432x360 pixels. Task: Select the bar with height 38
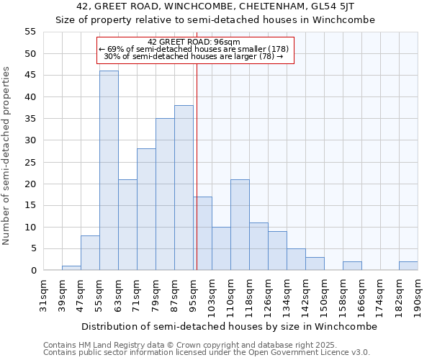pyautogui.click(x=184, y=188)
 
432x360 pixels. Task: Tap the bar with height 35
pyautogui.click(x=165, y=194)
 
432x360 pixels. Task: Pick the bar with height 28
pyautogui.click(x=146, y=210)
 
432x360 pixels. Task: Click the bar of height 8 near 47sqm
pyautogui.click(x=90, y=253)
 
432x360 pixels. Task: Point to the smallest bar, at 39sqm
pyautogui.click(x=71, y=268)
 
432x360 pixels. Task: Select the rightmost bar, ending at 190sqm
pyautogui.click(x=408, y=266)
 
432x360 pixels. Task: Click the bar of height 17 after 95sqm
pyautogui.click(x=202, y=233)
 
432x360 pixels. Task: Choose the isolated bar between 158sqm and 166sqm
pyautogui.click(x=352, y=266)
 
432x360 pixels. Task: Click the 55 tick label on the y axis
pyautogui.click(x=30, y=32)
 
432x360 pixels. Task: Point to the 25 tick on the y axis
pyautogui.click(x=30, y=162)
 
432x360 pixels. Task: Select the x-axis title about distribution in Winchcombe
pyautogui.click(x=229, y=326)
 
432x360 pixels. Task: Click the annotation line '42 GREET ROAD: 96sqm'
pyautogui.click(x=194, y=42)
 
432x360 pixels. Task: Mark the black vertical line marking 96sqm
pyautogui.click(x=197, y=166)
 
